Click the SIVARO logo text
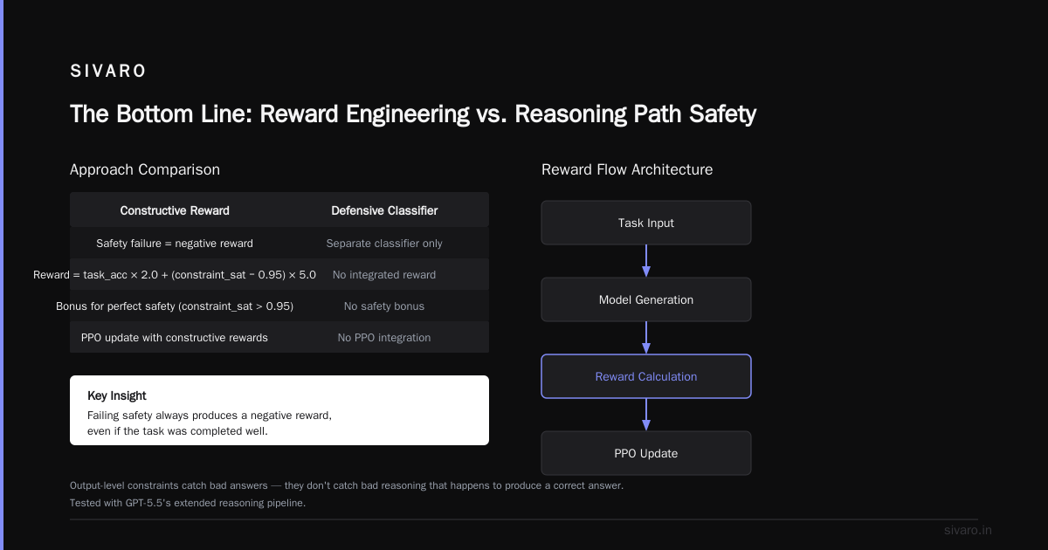108,71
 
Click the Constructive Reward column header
175,210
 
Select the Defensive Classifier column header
384,210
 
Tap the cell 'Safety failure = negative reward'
175,244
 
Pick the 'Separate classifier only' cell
384,244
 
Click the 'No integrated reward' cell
384,274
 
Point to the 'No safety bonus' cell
384,306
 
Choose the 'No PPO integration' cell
384,337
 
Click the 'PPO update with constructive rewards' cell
175,337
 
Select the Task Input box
646,223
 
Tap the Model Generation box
646,299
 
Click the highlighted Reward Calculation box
646,376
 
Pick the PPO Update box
646,453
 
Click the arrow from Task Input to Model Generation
646,261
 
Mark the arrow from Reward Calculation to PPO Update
646,415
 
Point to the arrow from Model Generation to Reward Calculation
646,338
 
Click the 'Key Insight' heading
117,395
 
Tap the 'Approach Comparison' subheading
145,169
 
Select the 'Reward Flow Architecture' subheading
627,169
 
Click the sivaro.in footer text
968,530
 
